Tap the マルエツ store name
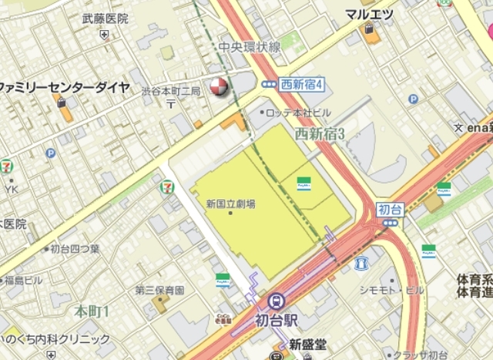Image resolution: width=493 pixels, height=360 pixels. point(369,13)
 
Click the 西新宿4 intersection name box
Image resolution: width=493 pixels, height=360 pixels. point(302,83)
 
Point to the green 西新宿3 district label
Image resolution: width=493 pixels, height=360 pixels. point(319,134)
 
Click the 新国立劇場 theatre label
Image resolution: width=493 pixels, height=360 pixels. point(230,204)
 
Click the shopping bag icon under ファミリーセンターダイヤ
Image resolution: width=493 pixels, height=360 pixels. point(62,104)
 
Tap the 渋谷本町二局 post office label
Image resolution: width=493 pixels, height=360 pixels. point(170,92)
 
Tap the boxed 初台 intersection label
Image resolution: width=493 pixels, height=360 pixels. point(390,209)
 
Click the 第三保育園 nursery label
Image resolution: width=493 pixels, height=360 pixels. point(159,291)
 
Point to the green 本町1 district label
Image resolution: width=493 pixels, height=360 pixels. point(92,311)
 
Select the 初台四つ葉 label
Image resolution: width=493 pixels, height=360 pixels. point(75,248)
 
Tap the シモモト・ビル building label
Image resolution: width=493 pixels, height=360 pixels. point(392,289)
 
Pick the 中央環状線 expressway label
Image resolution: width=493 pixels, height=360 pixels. point(249,48)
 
